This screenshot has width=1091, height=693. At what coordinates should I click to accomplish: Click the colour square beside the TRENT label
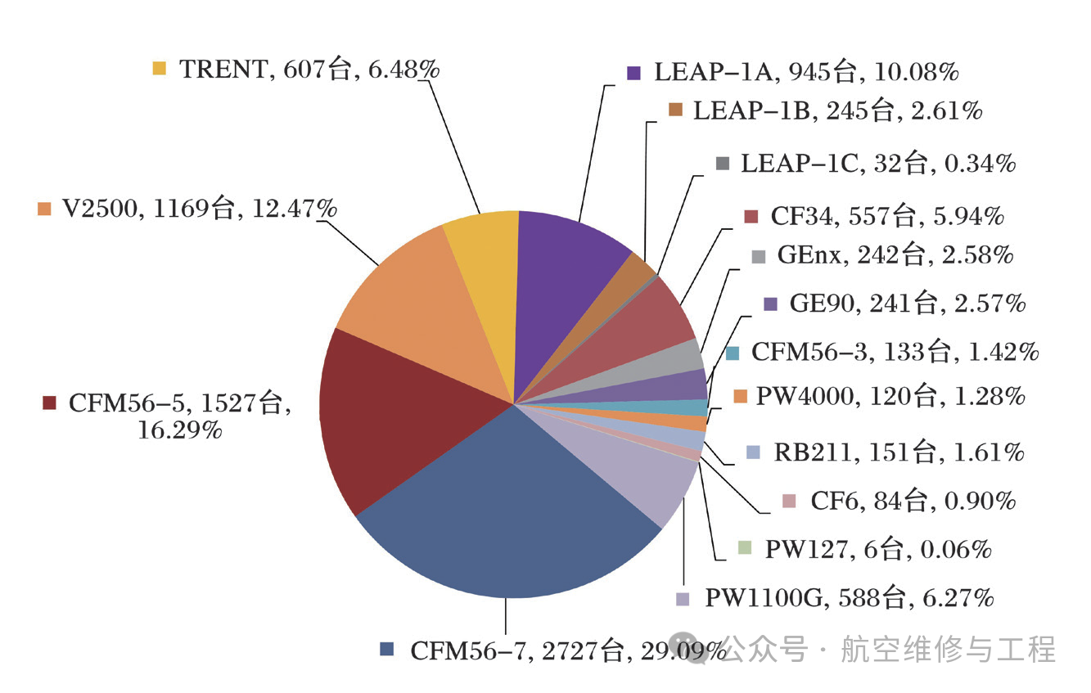(x=160, y=69)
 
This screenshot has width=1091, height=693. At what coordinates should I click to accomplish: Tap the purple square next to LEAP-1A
(x=633, y=73)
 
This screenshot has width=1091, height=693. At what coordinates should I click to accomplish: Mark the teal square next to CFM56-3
(x=733, y=353)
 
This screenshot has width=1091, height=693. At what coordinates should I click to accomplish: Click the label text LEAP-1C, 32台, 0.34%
(x=877, y=164)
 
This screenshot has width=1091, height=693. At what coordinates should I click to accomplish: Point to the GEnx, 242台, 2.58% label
(x=895, y=256)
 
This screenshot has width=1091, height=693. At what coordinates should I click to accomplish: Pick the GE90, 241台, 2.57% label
(x=907, y=304)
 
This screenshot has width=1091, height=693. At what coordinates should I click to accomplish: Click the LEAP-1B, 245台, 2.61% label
(x=837, y=110)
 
